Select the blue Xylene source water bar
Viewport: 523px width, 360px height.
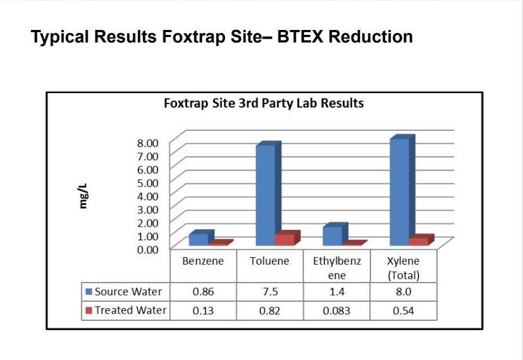coord(402,190)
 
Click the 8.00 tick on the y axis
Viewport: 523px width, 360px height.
coord(148,143)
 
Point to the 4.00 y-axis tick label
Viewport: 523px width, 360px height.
coord(148,196)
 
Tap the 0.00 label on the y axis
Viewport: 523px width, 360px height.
coord(148,249)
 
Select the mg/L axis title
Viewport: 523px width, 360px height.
coord(83,196)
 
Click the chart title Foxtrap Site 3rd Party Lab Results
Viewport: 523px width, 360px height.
coord(264,103)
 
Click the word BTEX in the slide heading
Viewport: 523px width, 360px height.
coord(300,36)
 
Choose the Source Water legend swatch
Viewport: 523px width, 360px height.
coord(89,292)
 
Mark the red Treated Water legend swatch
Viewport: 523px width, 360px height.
coord(89,310)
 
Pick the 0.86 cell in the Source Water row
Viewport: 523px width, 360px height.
coord(203,292)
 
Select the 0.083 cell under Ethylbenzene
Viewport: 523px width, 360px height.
coord(337,310)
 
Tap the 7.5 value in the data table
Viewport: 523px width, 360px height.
coord(270,292)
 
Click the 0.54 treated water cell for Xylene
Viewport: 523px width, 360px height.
coord(403,310)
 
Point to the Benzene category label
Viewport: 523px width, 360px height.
coord(203,261)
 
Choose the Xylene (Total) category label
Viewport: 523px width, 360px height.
coord(403,268)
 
